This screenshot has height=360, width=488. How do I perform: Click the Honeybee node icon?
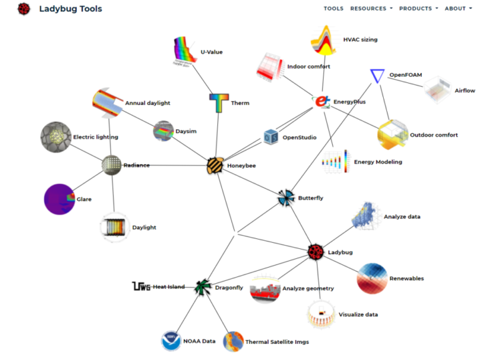click(215, 165)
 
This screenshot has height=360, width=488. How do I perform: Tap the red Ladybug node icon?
click(316, 252)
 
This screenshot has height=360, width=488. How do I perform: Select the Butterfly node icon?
click(286, 197)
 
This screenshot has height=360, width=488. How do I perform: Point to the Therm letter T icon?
click(219, 103)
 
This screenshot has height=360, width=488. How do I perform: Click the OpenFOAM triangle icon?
click(377, 76)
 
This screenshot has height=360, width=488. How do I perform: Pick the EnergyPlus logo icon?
click(322, 102)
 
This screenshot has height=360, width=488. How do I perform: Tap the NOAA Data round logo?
click(171, 341)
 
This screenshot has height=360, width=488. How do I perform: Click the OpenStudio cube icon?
click(271, 137)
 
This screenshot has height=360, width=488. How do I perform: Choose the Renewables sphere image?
click(372, 278)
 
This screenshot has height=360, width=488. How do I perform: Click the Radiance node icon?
click(111, 165)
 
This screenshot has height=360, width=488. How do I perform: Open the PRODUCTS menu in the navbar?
click(418, 9)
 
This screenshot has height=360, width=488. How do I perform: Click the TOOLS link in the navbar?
click(334, 9)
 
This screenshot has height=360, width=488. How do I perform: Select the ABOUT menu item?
click(458, 9)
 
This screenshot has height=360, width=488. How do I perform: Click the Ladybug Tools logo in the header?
click(24, 9)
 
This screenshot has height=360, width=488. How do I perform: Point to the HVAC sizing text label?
click(360, 39)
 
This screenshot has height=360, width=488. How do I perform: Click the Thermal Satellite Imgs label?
click(277, 342)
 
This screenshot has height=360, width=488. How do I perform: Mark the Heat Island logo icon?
click(141, 287)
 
